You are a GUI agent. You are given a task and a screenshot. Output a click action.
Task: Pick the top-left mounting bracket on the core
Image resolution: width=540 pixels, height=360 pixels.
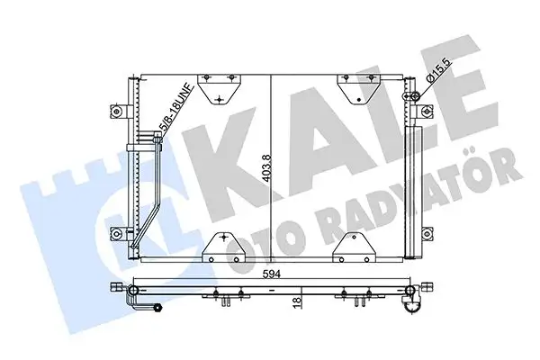217,86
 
